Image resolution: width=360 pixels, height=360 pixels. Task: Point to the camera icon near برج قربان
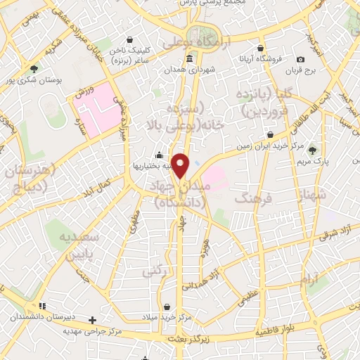(x=301, y=60)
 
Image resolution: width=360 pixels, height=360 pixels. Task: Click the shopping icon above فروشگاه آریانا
(x=261, y=49)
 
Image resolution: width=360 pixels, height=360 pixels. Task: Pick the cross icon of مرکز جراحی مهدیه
(x=93, y=320)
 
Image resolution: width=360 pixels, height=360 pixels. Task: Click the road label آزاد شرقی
(x=337, y=233)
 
